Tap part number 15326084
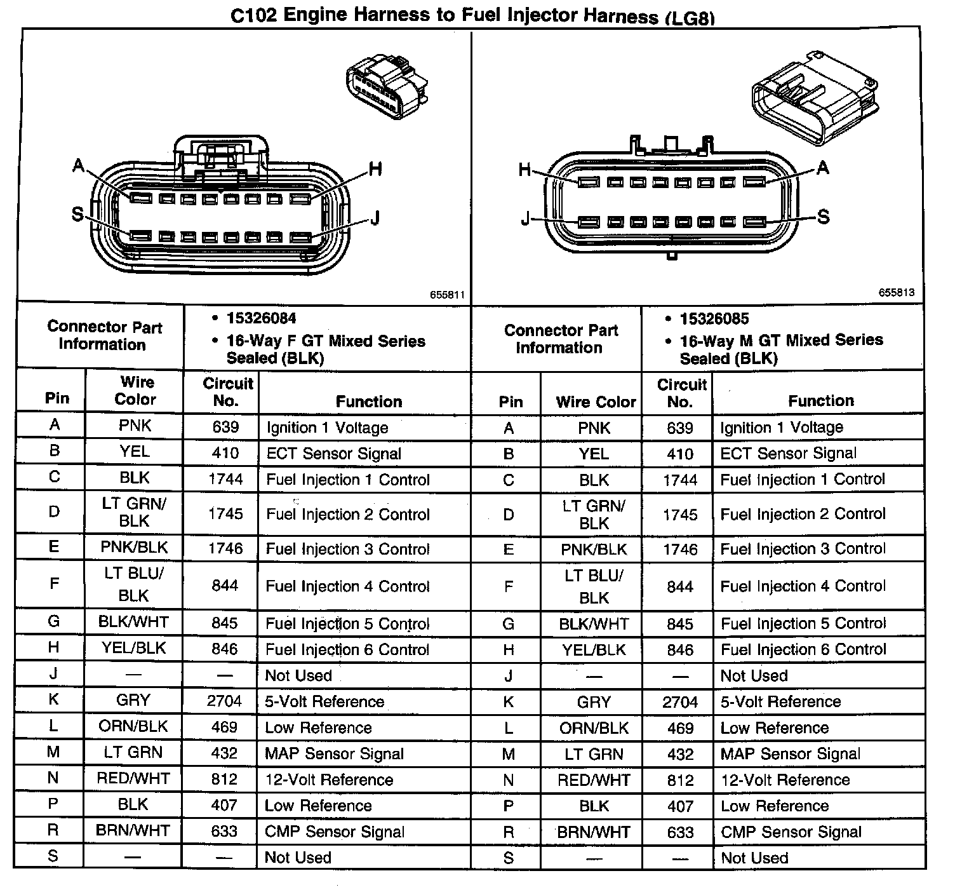point(261,318)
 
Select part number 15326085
point(714,318)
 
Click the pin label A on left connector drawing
point(78,166)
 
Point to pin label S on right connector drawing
point(823,217)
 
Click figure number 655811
point(447,295)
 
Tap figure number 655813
point(897,292)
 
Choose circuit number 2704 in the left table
point(224,701)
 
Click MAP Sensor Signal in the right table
point(790,754)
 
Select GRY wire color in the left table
point(133,701)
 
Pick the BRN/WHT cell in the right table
point(594,832)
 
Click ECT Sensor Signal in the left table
point(333,454)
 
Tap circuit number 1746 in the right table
point(679,550)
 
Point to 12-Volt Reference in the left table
point(329,780)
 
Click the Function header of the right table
point(820,401)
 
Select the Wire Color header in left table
point(136,391)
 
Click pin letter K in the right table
point(508,702)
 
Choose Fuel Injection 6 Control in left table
point(347,650)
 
